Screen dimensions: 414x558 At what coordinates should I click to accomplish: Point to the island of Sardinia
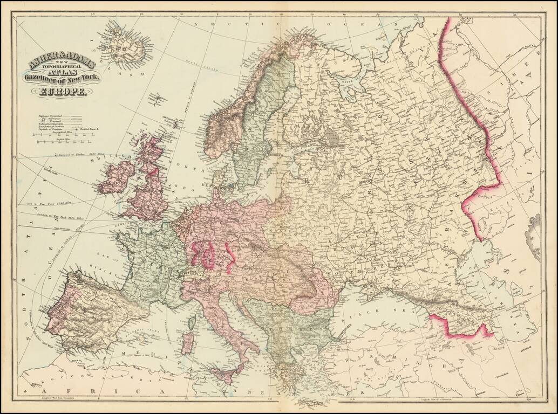(x=187, y=343)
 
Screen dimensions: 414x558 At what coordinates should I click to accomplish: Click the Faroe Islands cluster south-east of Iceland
(x=158, y=98)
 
